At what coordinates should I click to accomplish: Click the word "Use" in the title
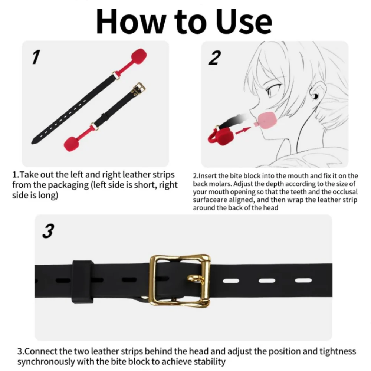coord(244,22)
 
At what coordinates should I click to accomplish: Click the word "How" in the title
coord(130,22)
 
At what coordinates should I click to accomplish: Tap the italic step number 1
coord(36,57)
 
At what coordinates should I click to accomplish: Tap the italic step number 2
coord(214,58)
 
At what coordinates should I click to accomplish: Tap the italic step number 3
coord(48,231)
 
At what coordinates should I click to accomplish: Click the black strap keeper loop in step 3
coord(83,282)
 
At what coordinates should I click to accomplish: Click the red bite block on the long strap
coord(139,57)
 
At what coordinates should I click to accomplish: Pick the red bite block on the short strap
coord(73,143)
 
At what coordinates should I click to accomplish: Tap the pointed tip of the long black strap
coord(32,143)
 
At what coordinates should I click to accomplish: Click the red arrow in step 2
coord(243,131)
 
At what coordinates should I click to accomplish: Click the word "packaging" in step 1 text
coord(69,185)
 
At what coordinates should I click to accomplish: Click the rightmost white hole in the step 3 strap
coord(303,280)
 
